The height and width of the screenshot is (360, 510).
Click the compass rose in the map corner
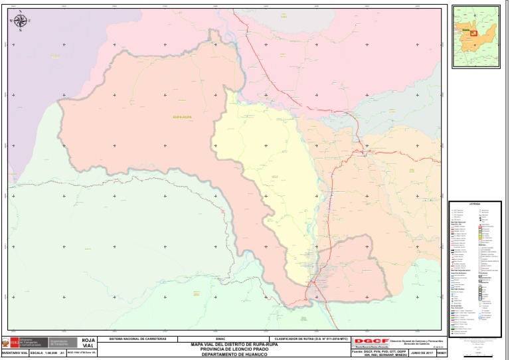coord(21,21)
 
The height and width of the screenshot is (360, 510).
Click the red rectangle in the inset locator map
coord(474,33)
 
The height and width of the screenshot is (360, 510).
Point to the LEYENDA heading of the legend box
coord(474,204)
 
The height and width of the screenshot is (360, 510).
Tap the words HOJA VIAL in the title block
coord(88,343)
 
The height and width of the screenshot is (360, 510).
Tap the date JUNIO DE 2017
coord(422,353)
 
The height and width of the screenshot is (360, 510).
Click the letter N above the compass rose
coord(21,11)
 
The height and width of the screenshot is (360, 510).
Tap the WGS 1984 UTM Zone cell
coord(82,353)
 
